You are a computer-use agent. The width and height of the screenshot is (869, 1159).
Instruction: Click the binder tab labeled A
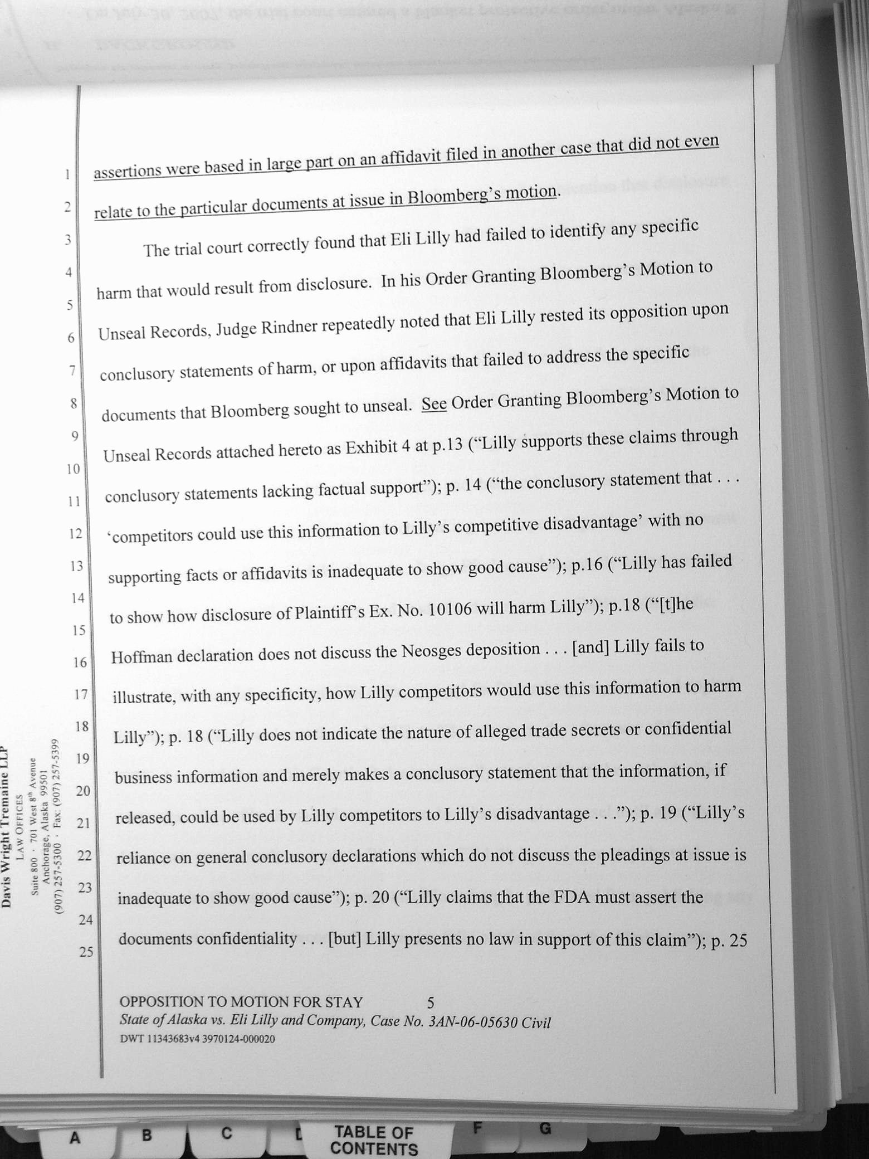(x=74, y=1137)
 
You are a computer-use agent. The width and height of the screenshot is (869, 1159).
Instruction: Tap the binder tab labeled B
(x=147, y=1134)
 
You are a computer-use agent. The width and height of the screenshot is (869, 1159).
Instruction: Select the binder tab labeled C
(x=226, y=1133)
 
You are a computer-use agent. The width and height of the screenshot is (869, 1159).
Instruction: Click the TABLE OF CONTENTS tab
(x=374, y=1140)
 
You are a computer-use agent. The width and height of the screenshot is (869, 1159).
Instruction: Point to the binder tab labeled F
(x=477, y=1128)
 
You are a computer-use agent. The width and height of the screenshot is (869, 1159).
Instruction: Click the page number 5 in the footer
(x=430, y=1003)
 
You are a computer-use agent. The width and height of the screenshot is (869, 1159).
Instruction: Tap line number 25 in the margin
(x=86, y=952)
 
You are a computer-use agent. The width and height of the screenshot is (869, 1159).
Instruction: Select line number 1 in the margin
(x=67, y=174)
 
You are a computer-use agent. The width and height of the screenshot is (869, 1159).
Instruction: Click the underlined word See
(x=434, y=403)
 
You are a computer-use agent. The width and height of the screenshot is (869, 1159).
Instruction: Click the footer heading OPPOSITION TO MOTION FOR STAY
(x=241, y=1002)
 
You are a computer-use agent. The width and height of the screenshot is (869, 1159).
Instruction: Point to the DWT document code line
(x=197, y=1039)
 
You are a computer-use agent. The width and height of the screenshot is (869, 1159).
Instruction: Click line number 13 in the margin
(x=76, y=566)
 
